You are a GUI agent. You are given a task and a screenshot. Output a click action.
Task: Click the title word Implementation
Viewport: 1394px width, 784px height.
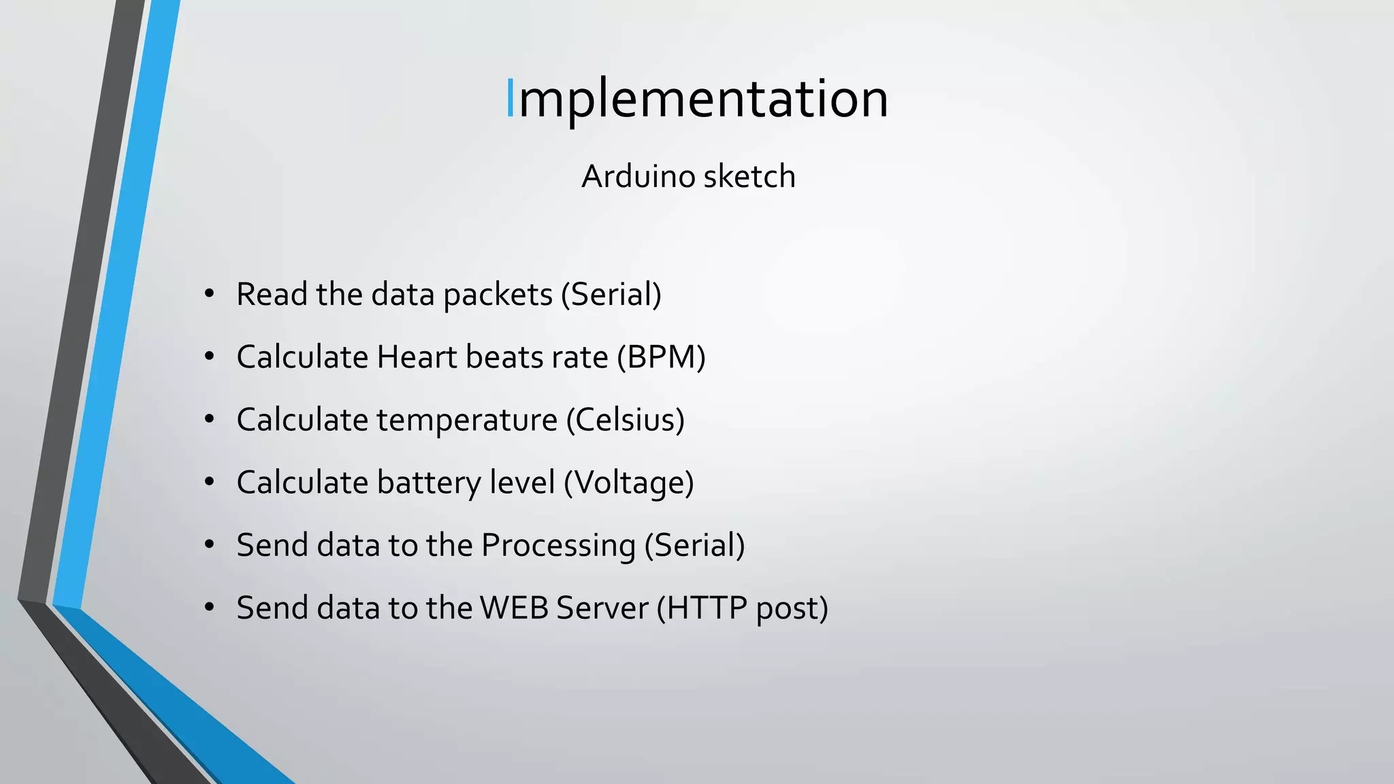click(697, 99)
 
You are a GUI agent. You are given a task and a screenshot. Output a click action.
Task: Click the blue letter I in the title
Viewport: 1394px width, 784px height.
click(510, 99)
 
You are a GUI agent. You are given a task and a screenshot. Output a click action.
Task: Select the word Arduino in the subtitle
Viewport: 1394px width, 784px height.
click(638, 176)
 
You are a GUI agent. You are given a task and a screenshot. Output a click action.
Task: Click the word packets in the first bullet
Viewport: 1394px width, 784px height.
click(498, 295)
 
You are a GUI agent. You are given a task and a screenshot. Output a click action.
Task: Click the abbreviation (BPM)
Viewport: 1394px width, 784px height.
click(661, 357)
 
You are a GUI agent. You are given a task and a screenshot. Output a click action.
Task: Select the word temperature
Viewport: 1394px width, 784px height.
click(467, 420)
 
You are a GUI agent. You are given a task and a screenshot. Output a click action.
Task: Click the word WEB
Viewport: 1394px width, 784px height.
click(514, 608)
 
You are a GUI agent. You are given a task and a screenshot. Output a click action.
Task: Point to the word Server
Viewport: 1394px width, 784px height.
click(602, 608)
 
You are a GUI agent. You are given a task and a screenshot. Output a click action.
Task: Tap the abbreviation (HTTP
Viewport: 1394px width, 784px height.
click(702, 608)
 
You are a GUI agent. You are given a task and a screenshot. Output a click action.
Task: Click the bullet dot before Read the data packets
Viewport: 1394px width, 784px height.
click(209, 295)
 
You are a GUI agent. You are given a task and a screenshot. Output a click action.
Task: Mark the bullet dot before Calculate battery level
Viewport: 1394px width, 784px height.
click(209, 483)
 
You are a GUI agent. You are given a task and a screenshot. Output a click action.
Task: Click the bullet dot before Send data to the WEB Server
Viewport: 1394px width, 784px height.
click(209, 608)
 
